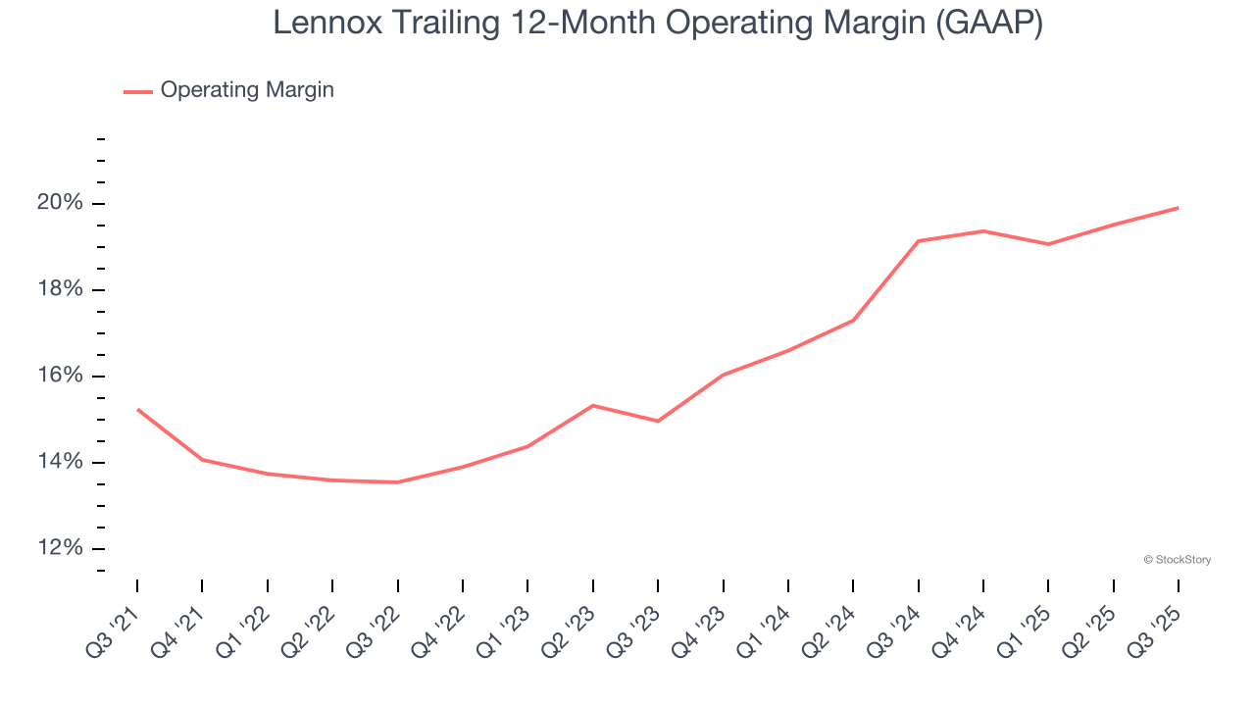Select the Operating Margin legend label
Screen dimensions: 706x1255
tap(247, 90)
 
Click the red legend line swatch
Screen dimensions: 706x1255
tap(137, 91)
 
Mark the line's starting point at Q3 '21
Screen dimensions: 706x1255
tap(137, 409)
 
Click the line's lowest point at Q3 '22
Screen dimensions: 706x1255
tap(397, 482)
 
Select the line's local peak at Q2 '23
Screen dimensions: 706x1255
tap(593, 405)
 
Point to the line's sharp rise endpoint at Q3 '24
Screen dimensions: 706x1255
tap(919, 241)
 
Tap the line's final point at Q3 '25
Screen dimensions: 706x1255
tap(1179, 207)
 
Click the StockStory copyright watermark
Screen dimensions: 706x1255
tap(1178, 560)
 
